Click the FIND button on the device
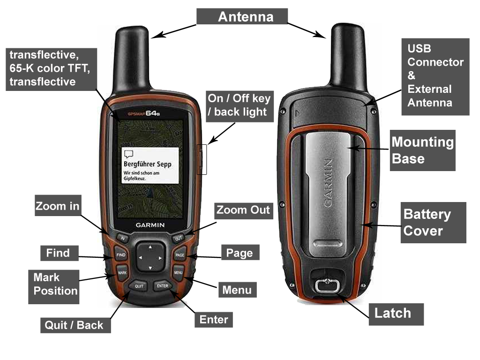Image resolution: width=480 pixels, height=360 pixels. pyautogui.click(x=121, y=255)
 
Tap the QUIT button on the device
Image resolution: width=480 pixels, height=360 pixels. pyautogui.click(x=139, y=285)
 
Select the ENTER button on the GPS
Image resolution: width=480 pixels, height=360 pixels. pyautogui.click(x=163, y=285)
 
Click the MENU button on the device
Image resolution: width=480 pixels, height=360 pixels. pyautogui.click(x=178, y=272)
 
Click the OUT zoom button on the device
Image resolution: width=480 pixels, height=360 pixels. pyautogui.click(x=178, y=238)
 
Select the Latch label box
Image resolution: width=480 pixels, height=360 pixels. pyautogui.click(x=393, y=313)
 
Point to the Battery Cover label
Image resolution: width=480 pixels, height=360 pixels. pyautogui.click(x=433, y=223)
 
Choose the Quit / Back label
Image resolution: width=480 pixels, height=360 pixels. pyautogui.click(x=74, y=325)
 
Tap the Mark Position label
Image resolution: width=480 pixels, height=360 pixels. pyautogui.click(x=55, y=284)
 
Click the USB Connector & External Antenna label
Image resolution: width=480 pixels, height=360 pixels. pyautogui.click(x=435, y=76)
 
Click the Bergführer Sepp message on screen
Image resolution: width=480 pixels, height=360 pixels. pyautogui.click(x=150, y=165)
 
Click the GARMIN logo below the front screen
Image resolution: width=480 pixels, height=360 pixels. pyautogui.click(x=150, y=225)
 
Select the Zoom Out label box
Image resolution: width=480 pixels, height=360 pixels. pyautogui.click(x=243, y=210)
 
